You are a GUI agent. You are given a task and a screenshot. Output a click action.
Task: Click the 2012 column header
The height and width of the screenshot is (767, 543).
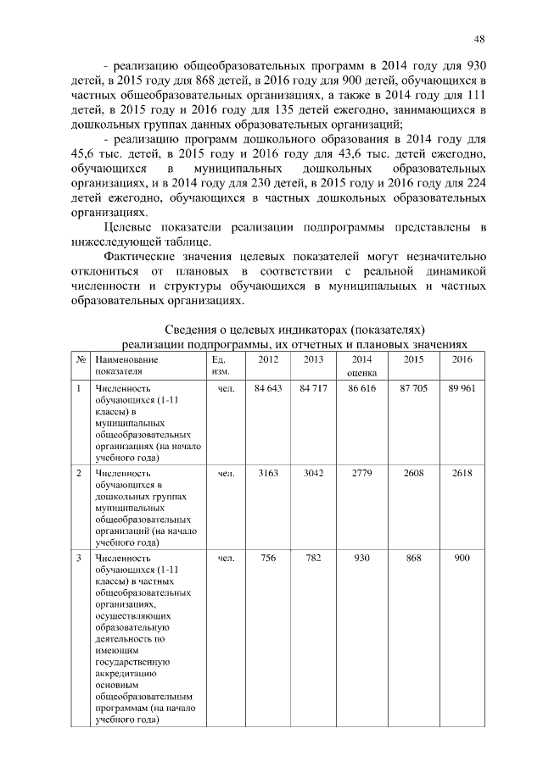coord(268,360)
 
